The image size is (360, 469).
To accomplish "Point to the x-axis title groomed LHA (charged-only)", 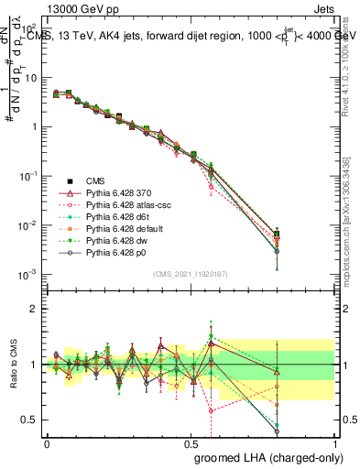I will click(265, 457).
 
